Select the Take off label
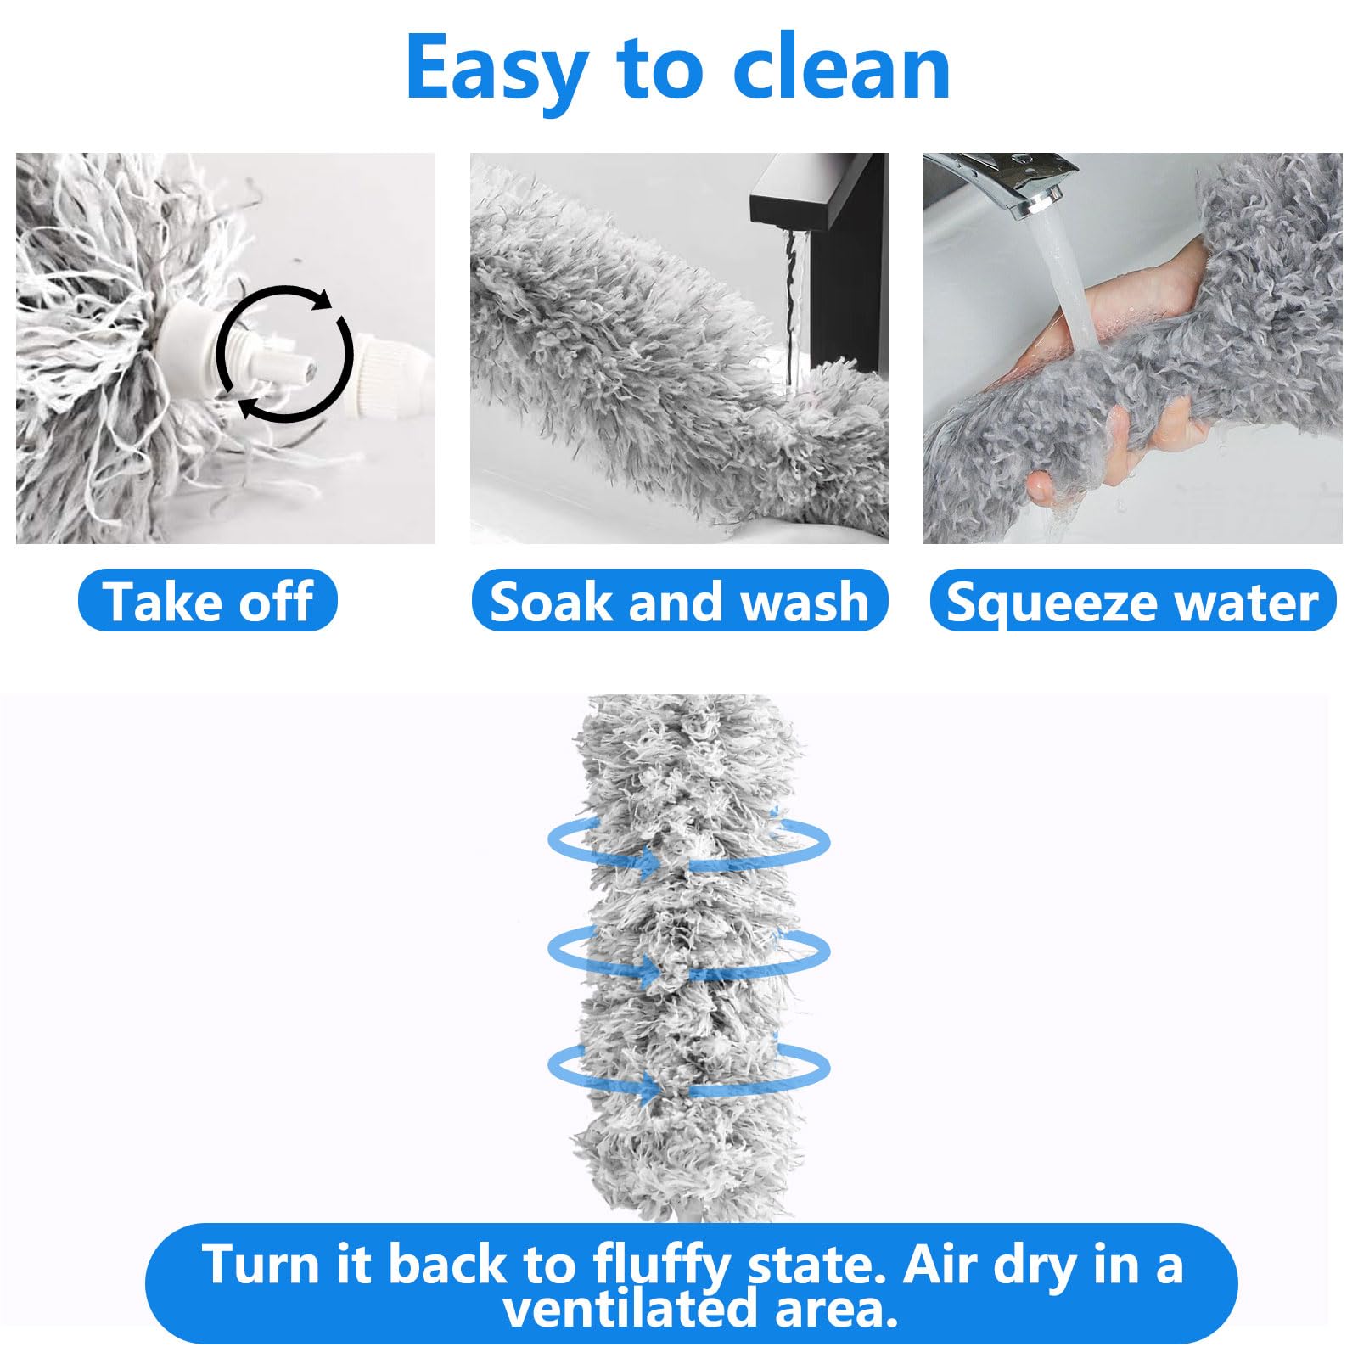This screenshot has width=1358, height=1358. point(208,601)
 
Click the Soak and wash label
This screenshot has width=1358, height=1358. point(679,601)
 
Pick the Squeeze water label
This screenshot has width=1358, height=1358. point(1132,601)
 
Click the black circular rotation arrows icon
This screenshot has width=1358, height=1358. point(284,354)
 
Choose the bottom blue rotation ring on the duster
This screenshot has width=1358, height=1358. point(687,1069)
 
